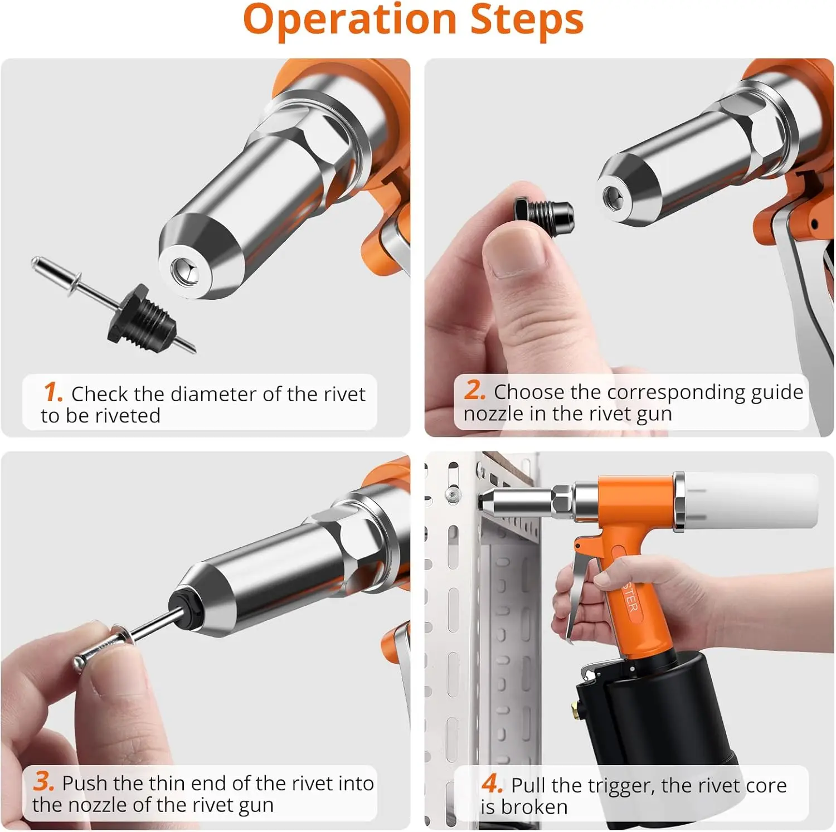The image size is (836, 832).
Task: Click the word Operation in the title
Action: point(350,20)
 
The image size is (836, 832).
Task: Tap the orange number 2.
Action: point(475,390)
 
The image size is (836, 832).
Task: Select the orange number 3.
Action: point(43,781)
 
